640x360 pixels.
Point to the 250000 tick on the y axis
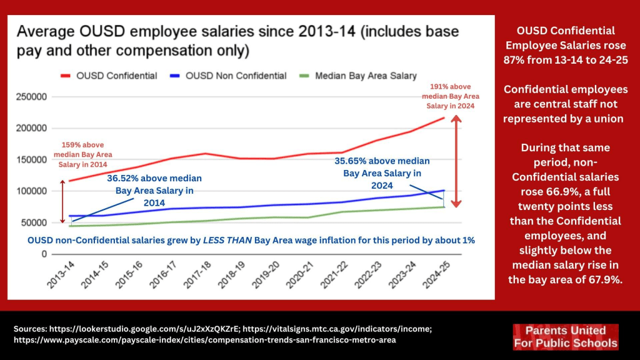coord(27,97)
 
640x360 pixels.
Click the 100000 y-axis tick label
coord(27,191)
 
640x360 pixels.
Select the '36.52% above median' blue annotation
coord(154,190)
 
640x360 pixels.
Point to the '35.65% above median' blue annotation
coord(386,173)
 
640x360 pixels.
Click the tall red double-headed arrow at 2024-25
coord(457,161)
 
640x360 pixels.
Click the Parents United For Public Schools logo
coord(565,336)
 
